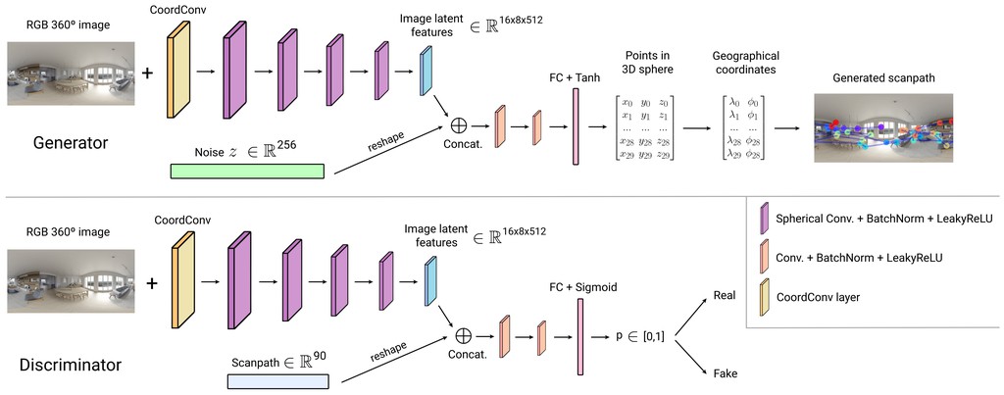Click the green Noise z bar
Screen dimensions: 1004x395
(247, 171)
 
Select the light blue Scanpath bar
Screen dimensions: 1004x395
(277, 381)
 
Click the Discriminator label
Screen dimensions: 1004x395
(71, 365)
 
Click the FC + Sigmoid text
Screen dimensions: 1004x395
(582, 287)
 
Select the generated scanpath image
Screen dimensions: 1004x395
(883, 127)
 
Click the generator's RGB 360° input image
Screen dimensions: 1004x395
(71, 74)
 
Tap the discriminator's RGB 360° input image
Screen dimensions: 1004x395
(71, 281)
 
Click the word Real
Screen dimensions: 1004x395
(725, 296)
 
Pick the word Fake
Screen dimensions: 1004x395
(725, 372)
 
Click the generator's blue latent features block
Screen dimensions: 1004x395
(426, 72)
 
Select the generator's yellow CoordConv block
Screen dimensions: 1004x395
(179, 70)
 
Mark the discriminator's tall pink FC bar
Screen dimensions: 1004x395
(580, 337)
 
